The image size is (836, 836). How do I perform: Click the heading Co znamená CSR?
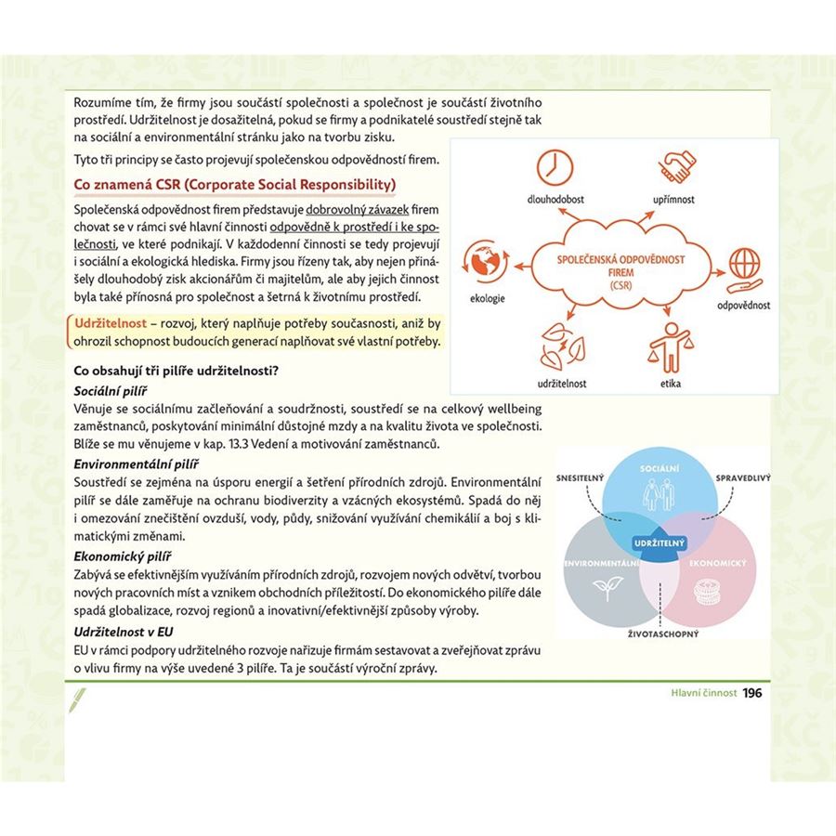pyautogui.click(x=234, y=183)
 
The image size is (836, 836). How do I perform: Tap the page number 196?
pyautogui.click(x=752, y=692)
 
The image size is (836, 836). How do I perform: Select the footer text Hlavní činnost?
pyautogui.click(x=704, y=693)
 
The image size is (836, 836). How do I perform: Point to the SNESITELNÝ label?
pyautogui.click(x=581, y=478)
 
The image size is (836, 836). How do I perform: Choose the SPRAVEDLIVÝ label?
pyautogui.click(x=743, y=477)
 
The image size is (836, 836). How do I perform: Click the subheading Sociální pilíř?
pyautogui.click(x=111, y=391)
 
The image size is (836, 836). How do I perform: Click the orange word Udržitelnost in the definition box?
pyautogui.click(x=111, y=322)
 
